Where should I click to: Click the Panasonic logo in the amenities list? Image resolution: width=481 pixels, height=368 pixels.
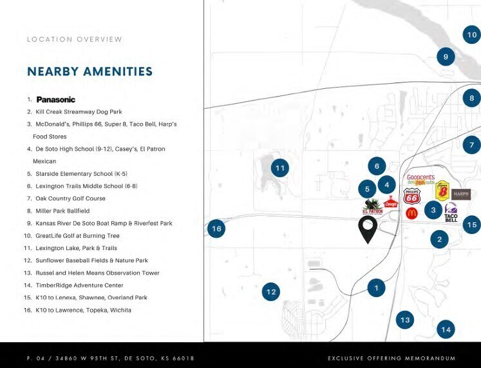click(x=56, y=99)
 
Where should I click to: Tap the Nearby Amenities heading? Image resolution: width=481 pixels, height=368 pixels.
click(x=90, y=72)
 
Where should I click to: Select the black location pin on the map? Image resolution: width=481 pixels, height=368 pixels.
click(x=368, y=229)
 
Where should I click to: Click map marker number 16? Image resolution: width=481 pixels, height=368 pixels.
click(x=216, y=229)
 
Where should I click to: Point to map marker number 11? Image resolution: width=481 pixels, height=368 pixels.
click(x=279, y=168)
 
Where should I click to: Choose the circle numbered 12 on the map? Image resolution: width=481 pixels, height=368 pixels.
click(x=271, y=292)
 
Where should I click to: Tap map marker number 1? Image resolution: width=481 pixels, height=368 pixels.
click(x=377, y=288)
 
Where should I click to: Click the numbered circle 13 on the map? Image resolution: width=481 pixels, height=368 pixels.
click(x=404, y=320)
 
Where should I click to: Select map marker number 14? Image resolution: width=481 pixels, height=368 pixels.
click(x=446, y=330)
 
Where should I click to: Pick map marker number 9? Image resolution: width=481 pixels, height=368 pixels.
click(x=446, y=57)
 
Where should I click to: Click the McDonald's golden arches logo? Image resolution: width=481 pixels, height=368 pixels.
click(x=411, y=213)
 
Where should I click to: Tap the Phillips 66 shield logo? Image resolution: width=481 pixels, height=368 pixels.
click(x=411, y=197)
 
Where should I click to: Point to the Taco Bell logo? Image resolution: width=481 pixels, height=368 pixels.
click(x=451, y=213)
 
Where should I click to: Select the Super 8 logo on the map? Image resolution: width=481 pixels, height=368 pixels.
click(x=442, y=191)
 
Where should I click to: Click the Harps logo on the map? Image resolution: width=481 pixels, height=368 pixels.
click(x=461, y=193)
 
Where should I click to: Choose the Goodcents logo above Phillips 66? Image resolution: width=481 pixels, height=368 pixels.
click(x=420, y=180)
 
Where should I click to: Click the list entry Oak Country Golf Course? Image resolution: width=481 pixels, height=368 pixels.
click(x=70, y=199)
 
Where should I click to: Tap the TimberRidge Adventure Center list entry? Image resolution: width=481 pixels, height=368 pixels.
click(x=79, y=285)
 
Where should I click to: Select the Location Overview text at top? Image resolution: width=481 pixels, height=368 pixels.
click(x=75, y=39)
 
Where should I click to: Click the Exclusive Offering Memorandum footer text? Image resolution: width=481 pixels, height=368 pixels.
click(x=391, y=358)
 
